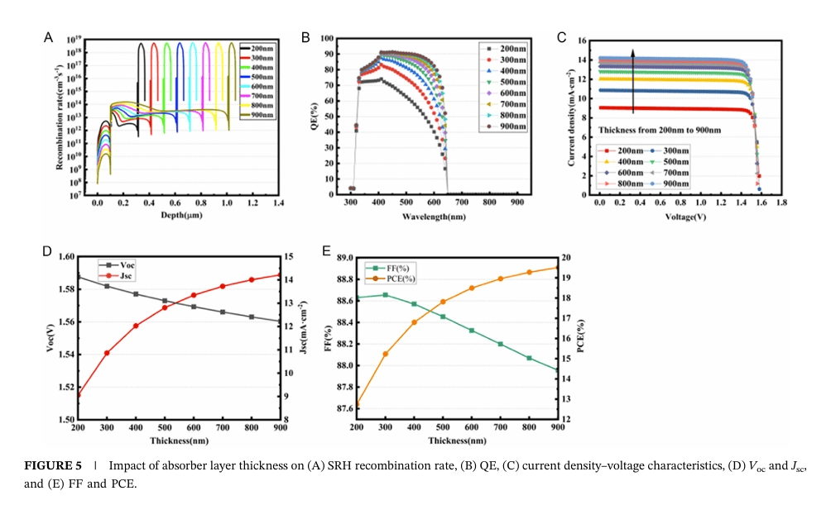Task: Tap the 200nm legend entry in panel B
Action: tap(513, 49)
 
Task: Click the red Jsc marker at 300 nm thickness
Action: tap(107, 353)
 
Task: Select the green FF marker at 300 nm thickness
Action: tap(386, 295)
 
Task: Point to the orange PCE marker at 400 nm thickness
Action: tap(414, 322)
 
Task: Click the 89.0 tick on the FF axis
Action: tap(341, 258)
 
